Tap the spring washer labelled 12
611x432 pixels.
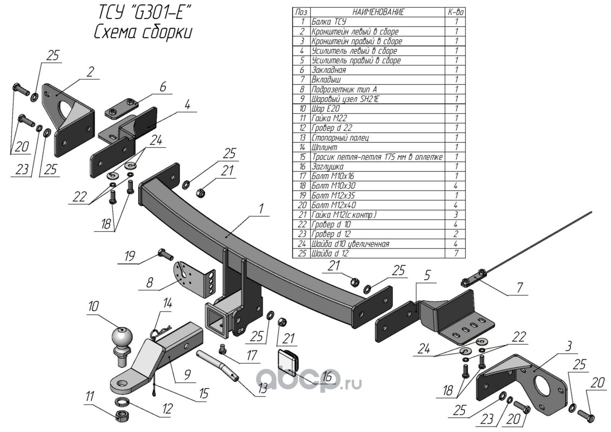(x=124, y=402)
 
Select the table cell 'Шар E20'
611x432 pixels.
(x=324, y=109)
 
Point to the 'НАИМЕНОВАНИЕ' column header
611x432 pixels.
(x=378, y=12)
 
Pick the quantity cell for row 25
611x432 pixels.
(x=456, y=254)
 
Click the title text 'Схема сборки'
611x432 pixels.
(x=143, y=32)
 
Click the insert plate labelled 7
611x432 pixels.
(x=473, y=280)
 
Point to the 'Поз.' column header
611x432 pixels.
(x=301, y=12)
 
